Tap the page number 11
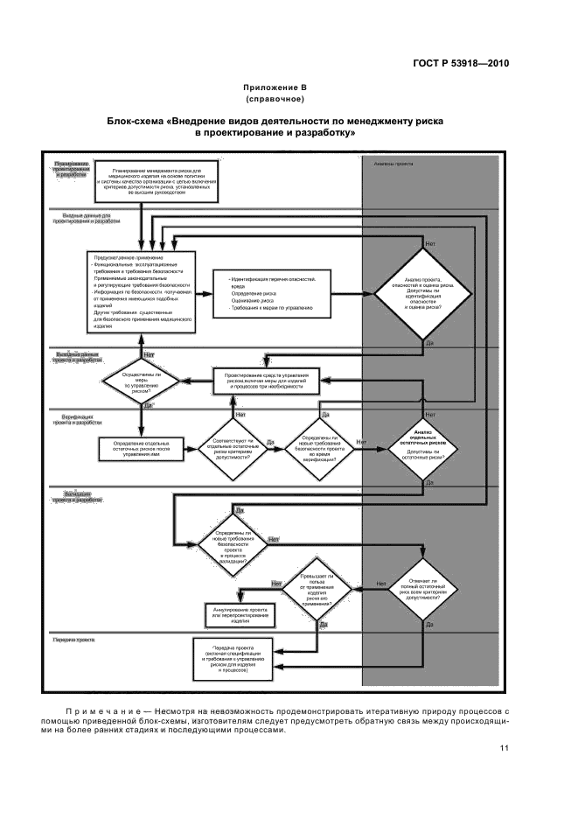point(505,747)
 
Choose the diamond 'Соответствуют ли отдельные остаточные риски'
point(233,447)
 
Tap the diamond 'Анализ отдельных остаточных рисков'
point(423,447)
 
